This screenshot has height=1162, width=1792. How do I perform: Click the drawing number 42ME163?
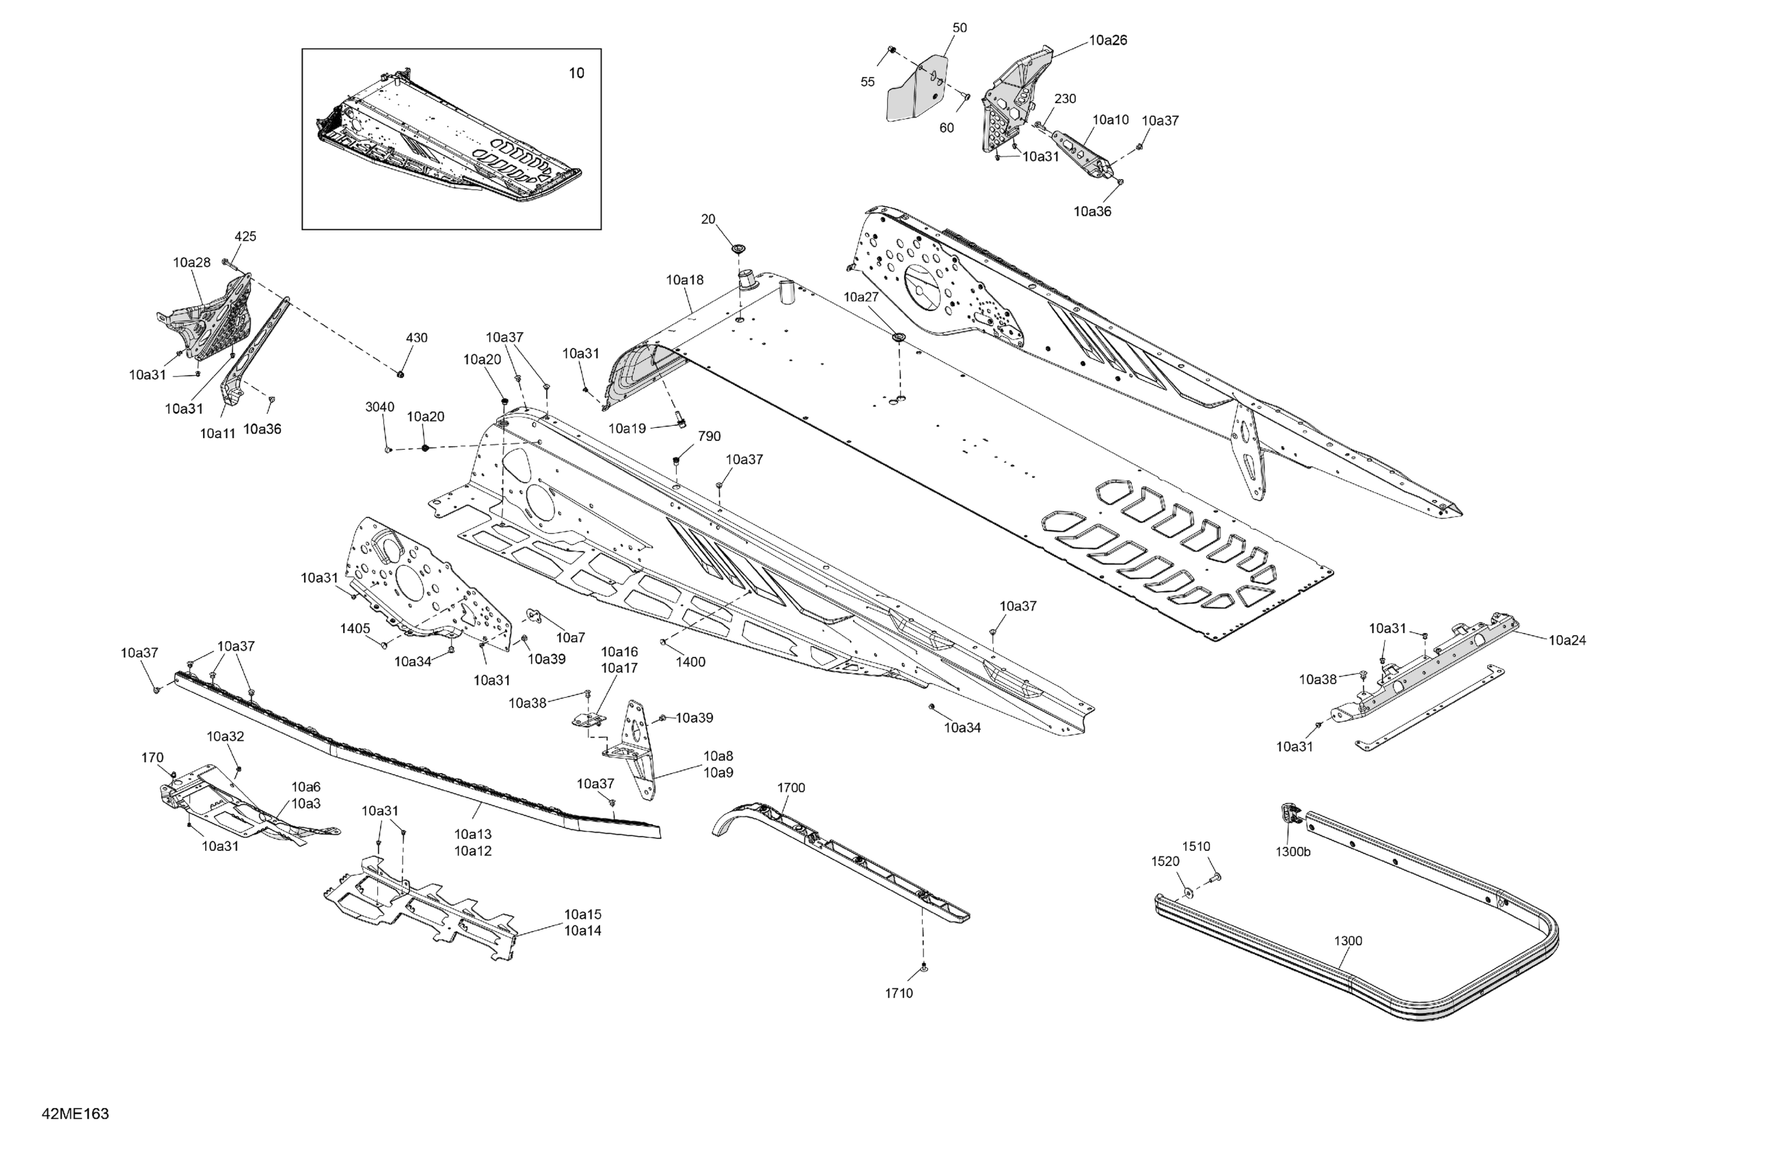tap(75, 1113)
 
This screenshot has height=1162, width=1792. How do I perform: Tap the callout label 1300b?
tap(1292, 852)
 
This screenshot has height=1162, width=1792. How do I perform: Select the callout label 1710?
tap(898, 993)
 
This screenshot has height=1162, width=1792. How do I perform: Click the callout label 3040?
tap(379, 407)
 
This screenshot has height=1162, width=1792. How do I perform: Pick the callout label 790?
tap(709, 436)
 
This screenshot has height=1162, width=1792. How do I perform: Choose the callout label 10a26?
tap(1108, 40)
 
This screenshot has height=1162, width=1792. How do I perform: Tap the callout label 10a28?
tap(191, 263)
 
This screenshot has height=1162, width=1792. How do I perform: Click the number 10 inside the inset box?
tap(575, 73)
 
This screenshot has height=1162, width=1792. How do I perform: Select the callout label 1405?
tap(355, 628)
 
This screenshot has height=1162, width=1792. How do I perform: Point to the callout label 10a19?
tap(627, 429)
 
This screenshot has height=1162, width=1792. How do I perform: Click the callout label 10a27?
tap(860, 297)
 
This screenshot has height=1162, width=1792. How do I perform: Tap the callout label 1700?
tap(791, 787)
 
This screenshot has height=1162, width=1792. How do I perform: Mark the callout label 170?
tap(152, 757)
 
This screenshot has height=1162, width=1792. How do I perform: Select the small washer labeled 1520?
tap(1187, 893)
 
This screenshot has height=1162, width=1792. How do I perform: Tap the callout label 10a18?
tap(684, 280)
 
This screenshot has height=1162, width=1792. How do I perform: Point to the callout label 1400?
tap(690, 662)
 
